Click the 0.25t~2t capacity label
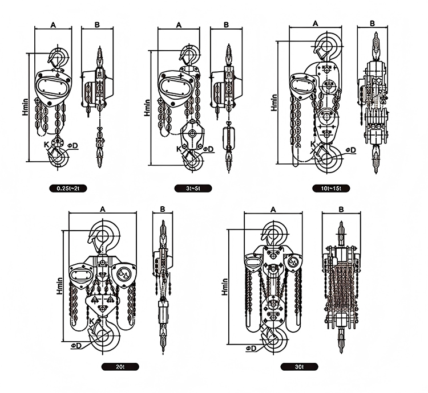click(68, 188)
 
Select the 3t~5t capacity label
click(193, 188)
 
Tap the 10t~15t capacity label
click(331, 188)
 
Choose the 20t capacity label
click(120, 367)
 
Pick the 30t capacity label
click(300, 367)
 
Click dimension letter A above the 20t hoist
click(103, 209)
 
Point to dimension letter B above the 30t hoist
click(341, 210)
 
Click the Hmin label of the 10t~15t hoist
click(274, 103)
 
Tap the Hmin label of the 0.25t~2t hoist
click(25, 107)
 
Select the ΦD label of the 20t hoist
click(76, 346)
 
